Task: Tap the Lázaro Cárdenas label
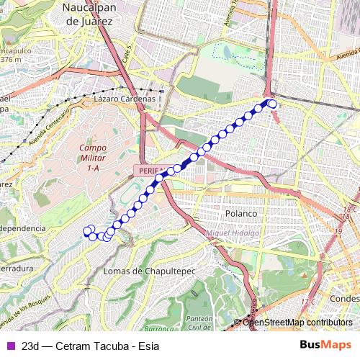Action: tap(124, 99)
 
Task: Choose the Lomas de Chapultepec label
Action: tap(144, 271)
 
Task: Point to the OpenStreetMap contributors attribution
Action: tap(297, 322)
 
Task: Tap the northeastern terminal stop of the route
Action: tap(272, 104)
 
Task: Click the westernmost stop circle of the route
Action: tap(88, 231)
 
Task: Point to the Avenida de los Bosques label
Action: tap(29, 310)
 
